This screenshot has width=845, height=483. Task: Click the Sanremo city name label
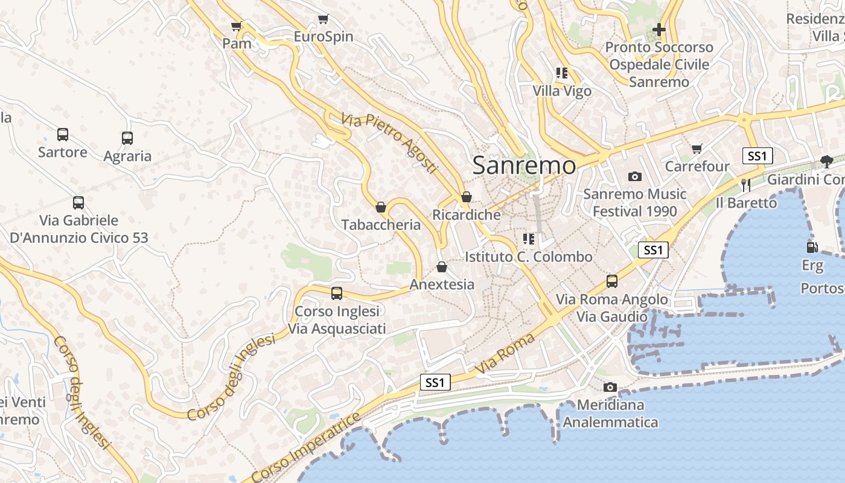tap(524, 165)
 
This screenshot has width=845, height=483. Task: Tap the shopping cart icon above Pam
tap(237, 26)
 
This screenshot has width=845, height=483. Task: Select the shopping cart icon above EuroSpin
tap(324, 19)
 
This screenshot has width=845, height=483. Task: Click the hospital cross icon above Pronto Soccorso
tap(659, 29)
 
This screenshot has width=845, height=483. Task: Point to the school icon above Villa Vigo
tap(562, 73)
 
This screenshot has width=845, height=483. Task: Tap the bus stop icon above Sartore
tap(63, 134)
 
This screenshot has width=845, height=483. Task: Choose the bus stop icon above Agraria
tap(127, 138)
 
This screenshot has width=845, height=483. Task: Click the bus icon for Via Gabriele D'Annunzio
tap(78, 203)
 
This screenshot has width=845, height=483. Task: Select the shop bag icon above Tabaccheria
tap(381, 207)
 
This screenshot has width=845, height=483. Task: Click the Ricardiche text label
tap(467, 215)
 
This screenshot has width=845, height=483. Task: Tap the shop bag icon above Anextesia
tap(442, 267)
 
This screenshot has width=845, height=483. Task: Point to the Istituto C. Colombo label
tap(529, 257)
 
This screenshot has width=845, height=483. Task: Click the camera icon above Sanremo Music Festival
tap(634, 176)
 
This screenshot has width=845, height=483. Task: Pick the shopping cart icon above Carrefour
tap(697, 149)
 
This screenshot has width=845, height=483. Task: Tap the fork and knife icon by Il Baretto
tap(746, 185)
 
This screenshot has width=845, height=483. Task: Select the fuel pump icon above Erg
tap(812, 247)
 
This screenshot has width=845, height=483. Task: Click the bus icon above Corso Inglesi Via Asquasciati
tap(337, 293)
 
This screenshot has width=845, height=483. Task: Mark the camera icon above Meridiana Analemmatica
tap(610, 387)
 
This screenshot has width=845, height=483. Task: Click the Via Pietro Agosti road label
tap(388, 143)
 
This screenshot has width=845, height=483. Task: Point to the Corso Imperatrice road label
tap(306, 449)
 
